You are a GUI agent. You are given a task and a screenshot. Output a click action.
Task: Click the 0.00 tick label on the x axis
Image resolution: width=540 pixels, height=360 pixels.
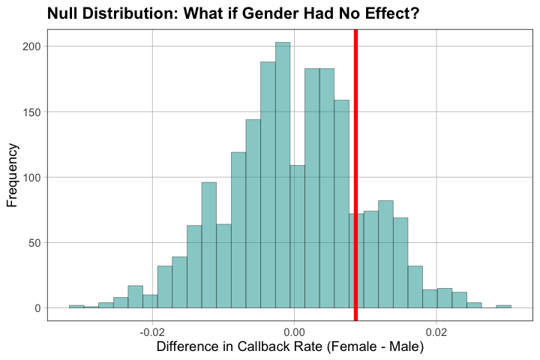coord(294,331)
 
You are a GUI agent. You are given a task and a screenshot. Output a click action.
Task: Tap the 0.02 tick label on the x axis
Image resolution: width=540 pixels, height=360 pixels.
coord(436,331)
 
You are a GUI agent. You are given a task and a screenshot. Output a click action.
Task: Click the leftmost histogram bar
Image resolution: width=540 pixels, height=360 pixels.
coord(76,306)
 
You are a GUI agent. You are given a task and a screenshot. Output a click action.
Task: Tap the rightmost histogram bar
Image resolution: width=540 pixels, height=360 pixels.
coord(503,306)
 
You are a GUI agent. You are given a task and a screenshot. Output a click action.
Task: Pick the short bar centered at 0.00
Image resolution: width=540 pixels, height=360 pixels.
coord(297,236)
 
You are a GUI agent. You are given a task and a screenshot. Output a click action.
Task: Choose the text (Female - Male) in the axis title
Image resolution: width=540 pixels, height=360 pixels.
coord(382,347)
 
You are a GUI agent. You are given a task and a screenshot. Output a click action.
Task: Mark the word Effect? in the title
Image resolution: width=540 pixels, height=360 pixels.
coord(390,13)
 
